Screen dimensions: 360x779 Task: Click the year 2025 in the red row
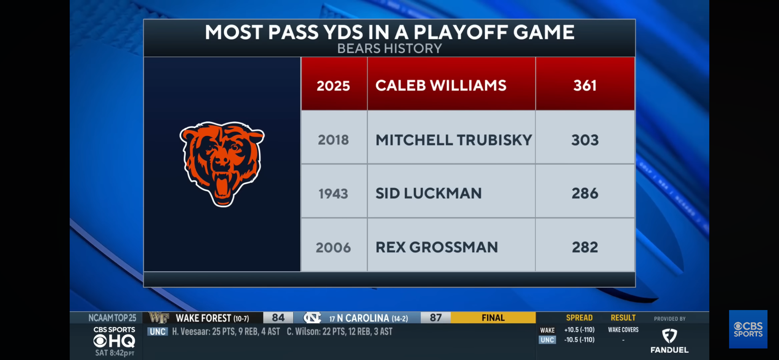point(333,86)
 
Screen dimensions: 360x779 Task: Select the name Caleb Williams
point(441,86)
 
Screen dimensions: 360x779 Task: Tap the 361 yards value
point(585,86)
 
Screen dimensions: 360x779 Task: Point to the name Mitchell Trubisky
point(453,140)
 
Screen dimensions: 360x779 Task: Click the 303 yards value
point(585,140)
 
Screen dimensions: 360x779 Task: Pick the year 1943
point(333,194)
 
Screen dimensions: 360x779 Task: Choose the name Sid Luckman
point(428,194)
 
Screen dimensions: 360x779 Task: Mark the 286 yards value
point(585,194)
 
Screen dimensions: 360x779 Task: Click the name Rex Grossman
point(437,247)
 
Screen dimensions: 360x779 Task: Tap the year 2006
point(333,248)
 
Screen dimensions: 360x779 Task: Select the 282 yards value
point(585,247)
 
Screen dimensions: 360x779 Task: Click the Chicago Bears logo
point(222,164)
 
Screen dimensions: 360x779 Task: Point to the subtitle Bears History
point(389,49)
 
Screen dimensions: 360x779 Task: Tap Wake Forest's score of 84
point(278,318)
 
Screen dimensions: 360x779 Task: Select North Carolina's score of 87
point(436,318)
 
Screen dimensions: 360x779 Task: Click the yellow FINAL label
point(493,318)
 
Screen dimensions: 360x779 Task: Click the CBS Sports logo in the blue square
point(748,330)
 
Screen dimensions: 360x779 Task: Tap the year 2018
point(333,140)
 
